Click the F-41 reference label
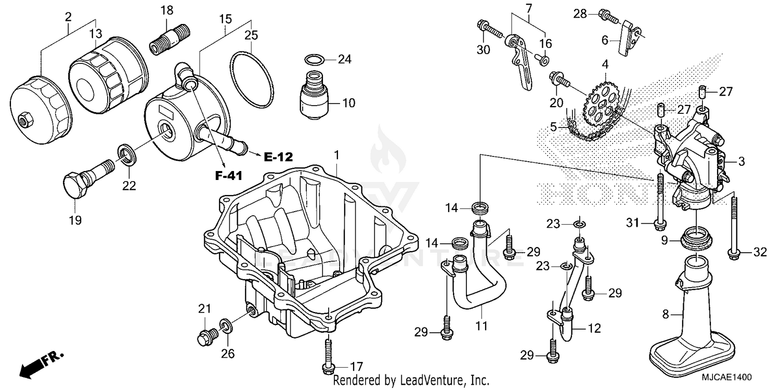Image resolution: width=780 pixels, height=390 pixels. (229, 176)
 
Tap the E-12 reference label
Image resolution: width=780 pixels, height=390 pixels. (278, 157)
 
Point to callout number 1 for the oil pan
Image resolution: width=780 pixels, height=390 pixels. (336, 155)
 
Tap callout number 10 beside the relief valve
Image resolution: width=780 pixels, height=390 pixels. (348, 103)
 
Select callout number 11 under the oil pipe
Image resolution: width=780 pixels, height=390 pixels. (482, 327)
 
